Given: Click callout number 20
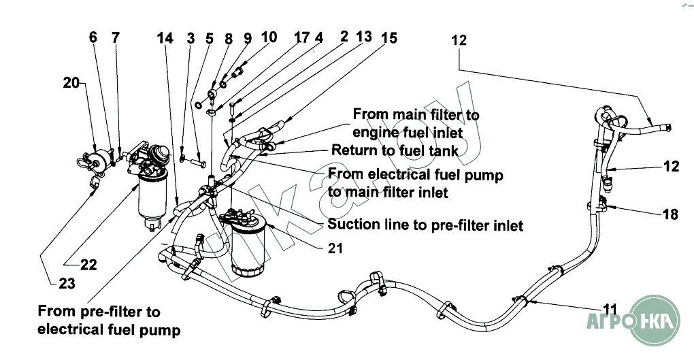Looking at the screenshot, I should tap(71, 83).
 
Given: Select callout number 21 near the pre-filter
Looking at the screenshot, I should tap(334, 248).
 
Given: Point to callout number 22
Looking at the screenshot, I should tap(88, 265).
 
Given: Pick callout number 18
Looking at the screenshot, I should tap(670, 214).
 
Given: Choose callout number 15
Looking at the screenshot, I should tap(389, 39).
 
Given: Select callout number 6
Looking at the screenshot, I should tap(93, 37).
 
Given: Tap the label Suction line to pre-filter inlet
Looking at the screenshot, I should tap(425, 224).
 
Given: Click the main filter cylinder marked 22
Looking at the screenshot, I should tap(153, 201).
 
